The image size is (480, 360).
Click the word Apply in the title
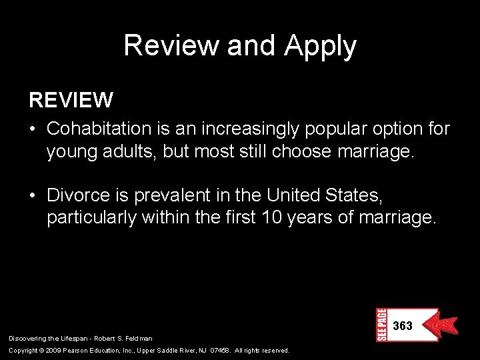[x=321, y=47]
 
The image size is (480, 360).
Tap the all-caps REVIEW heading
[x=71, y=101]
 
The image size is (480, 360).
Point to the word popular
[x=322, y=128]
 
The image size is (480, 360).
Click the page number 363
[x=403, y=326]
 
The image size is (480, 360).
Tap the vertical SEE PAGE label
[x=382, y=325]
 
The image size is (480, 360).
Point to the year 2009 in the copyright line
[x=55, y=350]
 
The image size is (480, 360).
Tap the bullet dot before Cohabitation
[x=35, y=128]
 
